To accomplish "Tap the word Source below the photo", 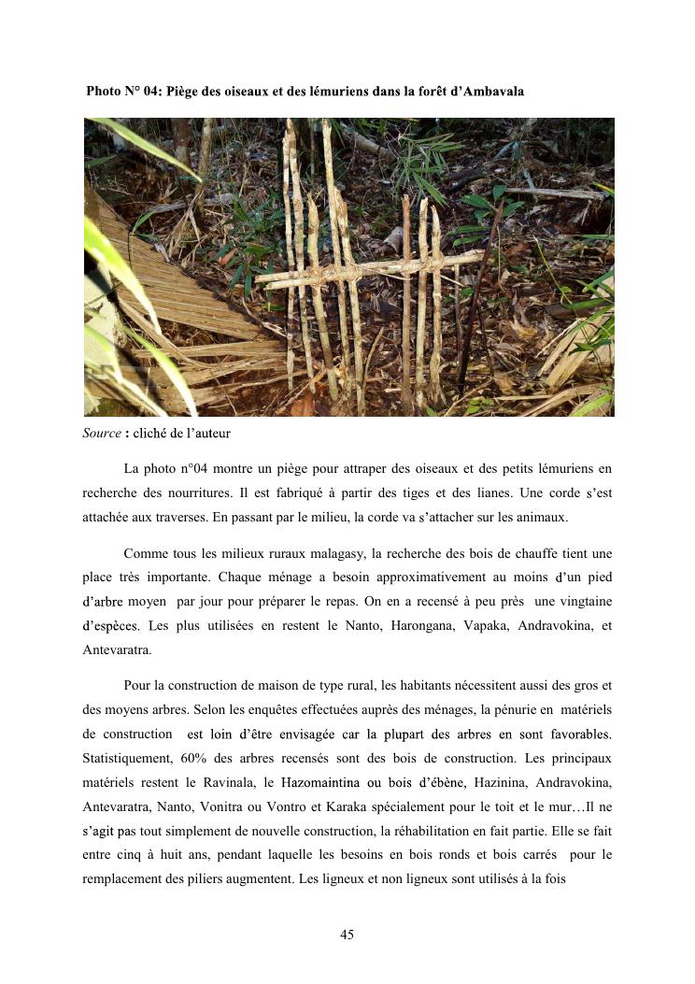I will click(x=102, y=433).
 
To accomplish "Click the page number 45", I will click(x=347, y=935).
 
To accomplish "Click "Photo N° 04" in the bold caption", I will click(x=121, y=92).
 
